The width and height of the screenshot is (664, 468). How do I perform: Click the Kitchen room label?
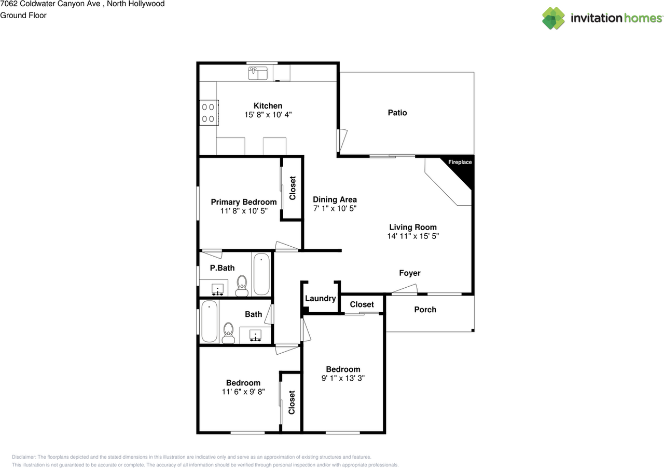(x=268, y=106)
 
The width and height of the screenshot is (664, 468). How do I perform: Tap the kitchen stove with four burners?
(x=209, y=113)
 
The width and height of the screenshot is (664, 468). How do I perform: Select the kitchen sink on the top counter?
(x=257, y=74)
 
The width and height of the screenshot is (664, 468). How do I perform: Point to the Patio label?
(x=397, y=113)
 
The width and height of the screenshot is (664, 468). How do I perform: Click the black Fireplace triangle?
(x=464, y=169)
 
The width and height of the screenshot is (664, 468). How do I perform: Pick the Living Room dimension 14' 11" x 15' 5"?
(x=413, y=236)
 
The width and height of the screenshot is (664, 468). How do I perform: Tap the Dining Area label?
(x=335, y=199)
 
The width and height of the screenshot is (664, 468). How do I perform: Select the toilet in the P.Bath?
(x=242, y=285)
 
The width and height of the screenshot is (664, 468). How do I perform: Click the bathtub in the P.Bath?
(x=261, y=274)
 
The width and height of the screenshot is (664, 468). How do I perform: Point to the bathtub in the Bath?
(x=210, y=321)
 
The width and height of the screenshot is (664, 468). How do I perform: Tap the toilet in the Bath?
(x=228, y=332)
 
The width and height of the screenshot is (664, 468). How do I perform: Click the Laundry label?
(x=320, y=299)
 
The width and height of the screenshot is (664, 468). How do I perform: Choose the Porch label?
(x=425, y=310)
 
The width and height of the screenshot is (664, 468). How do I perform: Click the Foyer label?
(x=409, y=273)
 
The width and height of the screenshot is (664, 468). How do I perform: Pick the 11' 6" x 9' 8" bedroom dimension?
(x=243, y=392)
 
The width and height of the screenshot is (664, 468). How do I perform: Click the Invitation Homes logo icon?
(x=554, y=18)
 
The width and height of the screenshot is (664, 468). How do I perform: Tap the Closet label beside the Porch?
(x=362, y=304)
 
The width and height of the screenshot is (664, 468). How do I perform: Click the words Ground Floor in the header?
(x=23, y=16)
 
